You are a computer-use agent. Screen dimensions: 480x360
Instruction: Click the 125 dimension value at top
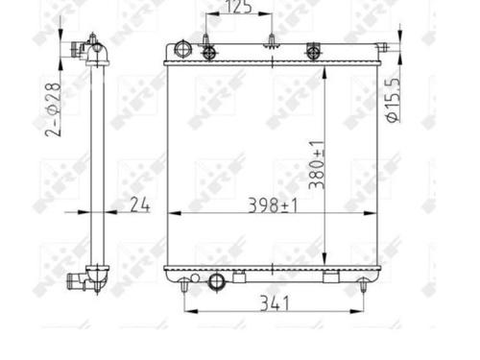(239, 7)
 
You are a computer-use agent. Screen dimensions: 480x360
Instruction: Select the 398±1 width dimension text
(273, 205)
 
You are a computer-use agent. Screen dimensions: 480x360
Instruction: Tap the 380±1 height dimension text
(317, 165)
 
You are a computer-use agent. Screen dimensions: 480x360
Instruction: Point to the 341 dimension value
(275, 303)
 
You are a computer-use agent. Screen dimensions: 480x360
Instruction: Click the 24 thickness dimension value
(140, 204)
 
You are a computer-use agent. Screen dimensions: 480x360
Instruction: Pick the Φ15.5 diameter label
(394, 100)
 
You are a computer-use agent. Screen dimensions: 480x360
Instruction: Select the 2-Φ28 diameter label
(53, 109)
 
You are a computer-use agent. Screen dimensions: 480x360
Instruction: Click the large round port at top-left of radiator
(182, 49)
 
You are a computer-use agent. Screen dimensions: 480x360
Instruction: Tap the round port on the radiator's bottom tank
(217, 281)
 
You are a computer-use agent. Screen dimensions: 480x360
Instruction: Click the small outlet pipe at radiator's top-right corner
(382, 47)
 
